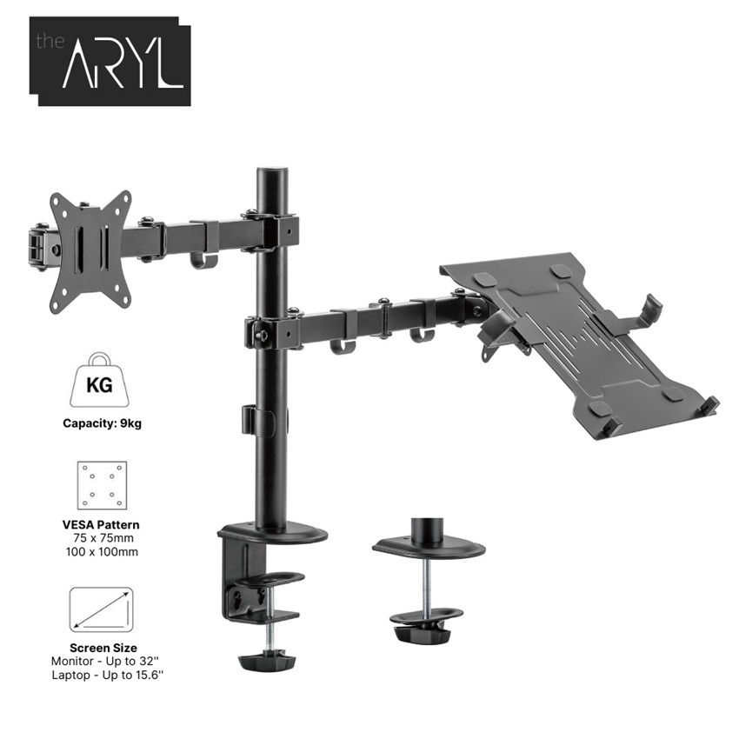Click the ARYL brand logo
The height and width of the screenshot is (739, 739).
pyautogui.click(x=110, y=61)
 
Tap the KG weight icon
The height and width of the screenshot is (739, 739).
pyautogui.click(x=99, y=380)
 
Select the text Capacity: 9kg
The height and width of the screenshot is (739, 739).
pyautogui.click(x=103, y=423)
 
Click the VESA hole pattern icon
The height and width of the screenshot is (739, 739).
pyautogui.click(x=102, y=485)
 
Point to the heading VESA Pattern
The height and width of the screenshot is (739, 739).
pyautogui.click(x=101, y=524)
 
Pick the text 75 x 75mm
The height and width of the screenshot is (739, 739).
pyautogui.click(x=103, y=538)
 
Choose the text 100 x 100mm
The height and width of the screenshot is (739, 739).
pyautogui.click(x=102, y=552)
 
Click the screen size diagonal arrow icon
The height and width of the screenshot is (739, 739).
pyautogui.click(x=102, y=609)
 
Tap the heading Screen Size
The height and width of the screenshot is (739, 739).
pyautogui.click(x=103, y=648)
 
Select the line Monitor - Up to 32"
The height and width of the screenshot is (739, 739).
pyautogui.click(x=107, y=662)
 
